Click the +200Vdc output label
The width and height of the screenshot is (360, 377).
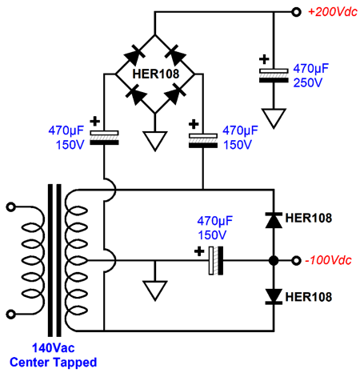pos(333,12)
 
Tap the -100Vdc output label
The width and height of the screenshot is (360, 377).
pos(328,260)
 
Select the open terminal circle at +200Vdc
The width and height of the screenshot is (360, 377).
pos(296,12)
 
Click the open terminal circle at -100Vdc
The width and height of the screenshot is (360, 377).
pos(296,260)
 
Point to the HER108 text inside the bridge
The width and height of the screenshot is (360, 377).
pos(156,74)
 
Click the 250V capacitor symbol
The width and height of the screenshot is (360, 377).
pos(274,75)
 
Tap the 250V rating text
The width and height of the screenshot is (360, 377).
pos(308,82)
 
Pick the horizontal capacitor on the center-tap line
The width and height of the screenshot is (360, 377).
pos(216,260)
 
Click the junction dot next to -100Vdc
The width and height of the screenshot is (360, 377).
pos(274,260)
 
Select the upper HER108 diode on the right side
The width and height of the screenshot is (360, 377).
pos(274,220)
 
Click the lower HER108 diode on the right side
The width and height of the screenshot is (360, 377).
pos(274,296)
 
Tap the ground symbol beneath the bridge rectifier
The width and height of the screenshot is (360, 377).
pos(155,141)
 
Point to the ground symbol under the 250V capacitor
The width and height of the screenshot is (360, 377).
pos(274,118)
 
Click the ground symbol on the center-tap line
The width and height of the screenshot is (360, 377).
pos(155,291)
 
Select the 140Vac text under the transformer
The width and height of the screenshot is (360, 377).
pos(53,348)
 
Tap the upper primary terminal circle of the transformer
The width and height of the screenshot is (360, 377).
pos(10,207)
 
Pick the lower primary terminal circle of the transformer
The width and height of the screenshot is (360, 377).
pos(10,315)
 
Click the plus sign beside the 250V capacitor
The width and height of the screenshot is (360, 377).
pos(264,59)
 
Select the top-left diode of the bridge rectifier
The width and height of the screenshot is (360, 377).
pos(134,54)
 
